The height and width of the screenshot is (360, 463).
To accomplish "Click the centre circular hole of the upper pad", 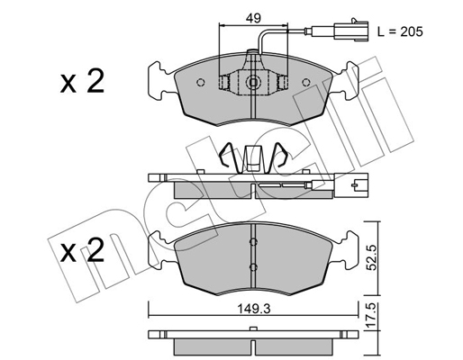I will pyautogui.click(x=254, y=86).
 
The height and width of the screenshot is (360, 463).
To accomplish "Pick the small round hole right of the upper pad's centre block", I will pyautogui.click(x=284, y=83).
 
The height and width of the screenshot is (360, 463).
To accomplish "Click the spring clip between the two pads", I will pyautogui.click(x=255, y=157).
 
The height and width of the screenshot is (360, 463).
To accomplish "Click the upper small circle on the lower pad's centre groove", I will pyautogui.click(x=255, y=241).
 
